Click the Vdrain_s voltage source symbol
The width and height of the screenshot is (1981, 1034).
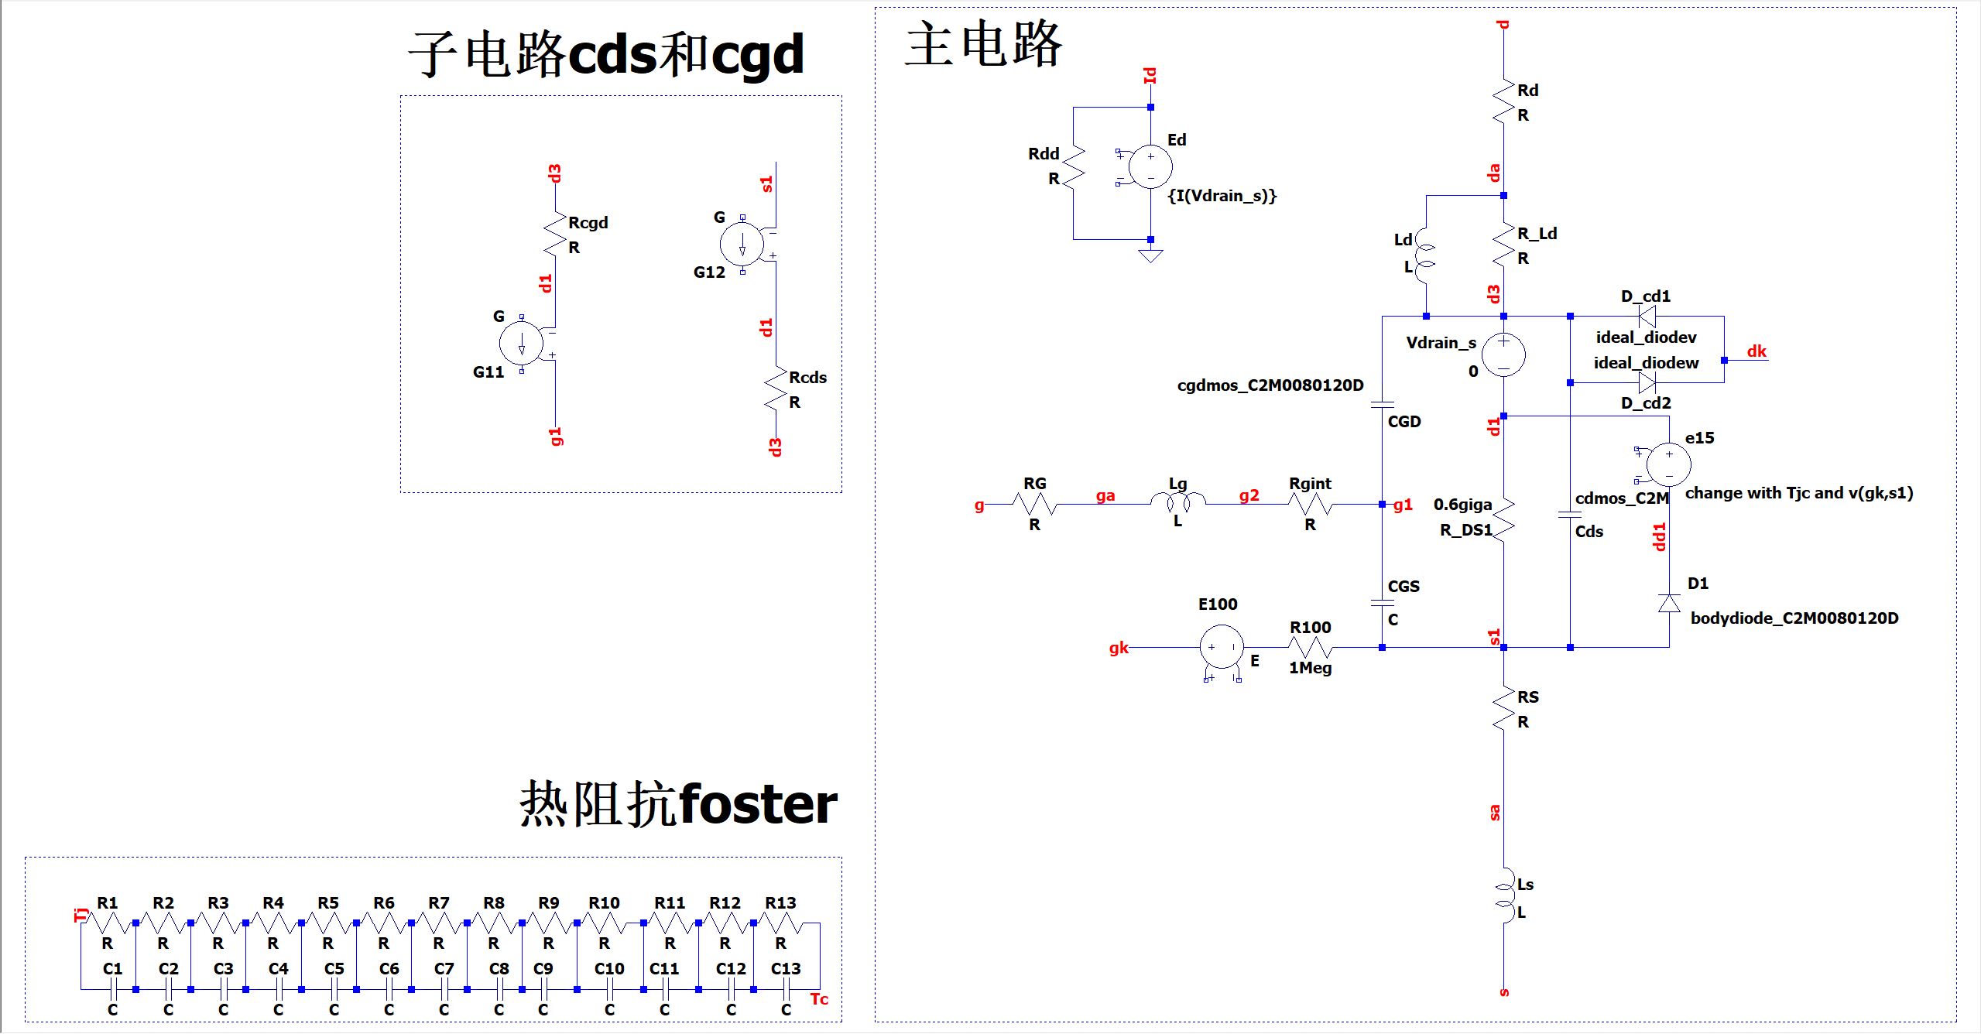click(1503, 355)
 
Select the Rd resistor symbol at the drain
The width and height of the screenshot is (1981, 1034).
click(1503, 101)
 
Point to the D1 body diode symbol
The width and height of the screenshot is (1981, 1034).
click(1669, 603)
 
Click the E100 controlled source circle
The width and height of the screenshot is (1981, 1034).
click(1222, 647)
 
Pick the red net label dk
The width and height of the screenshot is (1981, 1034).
click(1757, 351)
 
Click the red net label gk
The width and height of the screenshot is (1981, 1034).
click(1119, 648)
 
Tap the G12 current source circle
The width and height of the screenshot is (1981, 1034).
click(742, 244)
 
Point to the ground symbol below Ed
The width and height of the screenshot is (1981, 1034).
click(1150, 255)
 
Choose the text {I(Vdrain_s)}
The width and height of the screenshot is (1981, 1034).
click(1222, 196)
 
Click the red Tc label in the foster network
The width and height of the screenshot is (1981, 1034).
click(819, 999)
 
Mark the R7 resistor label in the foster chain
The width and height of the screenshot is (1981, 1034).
click(439, 903)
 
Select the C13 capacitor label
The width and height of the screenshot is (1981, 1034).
click(786, 969)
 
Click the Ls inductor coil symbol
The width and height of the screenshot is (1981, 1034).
click(1504, 895)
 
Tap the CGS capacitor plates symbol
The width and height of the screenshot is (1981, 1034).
click(1382, 603)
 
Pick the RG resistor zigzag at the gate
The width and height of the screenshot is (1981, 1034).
click(1034, 504)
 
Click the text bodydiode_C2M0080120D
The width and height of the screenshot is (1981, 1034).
click(1794, 618)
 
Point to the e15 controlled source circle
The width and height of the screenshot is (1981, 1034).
click(1668, 464)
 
